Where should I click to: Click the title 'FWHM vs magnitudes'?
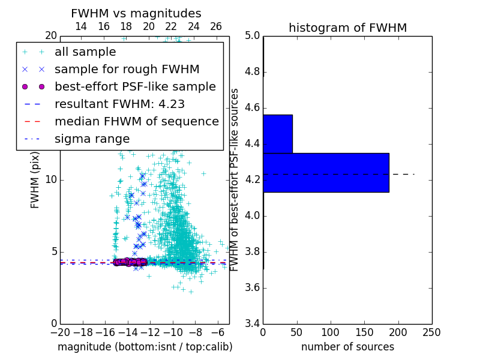[136, 14]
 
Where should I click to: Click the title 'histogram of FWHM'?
[347, 28]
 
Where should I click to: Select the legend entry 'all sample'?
[85, 52]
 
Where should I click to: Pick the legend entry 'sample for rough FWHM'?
[127, 70]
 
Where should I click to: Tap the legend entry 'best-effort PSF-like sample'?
[135, 87]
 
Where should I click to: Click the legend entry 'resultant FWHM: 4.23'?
[119, 104]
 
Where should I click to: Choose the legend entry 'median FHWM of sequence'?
[136, 122]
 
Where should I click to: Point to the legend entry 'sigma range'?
[92, 139]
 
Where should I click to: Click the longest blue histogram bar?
[326, 173]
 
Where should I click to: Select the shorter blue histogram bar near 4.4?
[278, 134]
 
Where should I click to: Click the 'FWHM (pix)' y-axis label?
[35, 179]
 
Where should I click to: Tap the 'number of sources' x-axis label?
[347, 347]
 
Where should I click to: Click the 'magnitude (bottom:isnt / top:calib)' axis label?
[145, 347]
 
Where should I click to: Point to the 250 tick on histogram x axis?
[431, 332]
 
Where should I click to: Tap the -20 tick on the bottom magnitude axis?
[60, 332]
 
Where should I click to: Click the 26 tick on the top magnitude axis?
[216, 27]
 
